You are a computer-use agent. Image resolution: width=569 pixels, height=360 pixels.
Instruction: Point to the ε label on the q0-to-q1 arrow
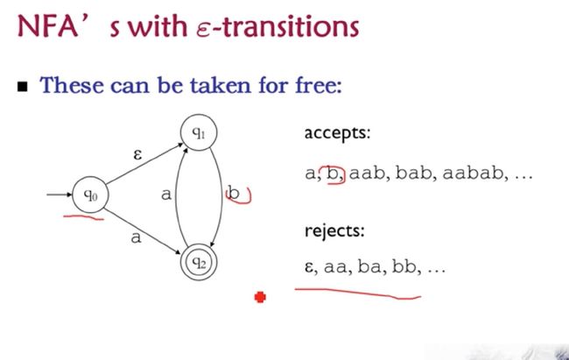(x=137, y=155)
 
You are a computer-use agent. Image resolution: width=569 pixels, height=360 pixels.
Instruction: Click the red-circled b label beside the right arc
(x=233, y=193)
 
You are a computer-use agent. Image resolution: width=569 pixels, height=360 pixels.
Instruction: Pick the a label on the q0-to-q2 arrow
(x=136, y=237)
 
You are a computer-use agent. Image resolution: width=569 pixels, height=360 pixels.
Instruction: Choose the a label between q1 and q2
(x=165, y=194)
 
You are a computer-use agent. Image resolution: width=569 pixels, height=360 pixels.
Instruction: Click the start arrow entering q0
(x=60, y=194)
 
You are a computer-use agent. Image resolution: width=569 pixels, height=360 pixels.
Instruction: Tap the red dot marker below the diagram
(x=260, y=297)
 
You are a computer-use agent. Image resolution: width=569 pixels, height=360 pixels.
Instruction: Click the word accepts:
(x=337, y=133)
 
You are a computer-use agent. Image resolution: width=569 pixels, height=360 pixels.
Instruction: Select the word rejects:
(x=334, y=230)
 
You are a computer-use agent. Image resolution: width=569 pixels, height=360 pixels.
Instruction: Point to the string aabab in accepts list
(x=474, y=173)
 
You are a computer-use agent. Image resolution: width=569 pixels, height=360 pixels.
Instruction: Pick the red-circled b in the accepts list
(x=333, y=173)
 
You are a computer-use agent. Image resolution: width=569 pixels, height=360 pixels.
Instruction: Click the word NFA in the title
(x=47, y=26)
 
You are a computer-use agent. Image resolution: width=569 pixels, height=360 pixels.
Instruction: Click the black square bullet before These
(x=23, y=87)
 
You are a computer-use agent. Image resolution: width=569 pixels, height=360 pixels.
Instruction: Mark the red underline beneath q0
(x=83, y=217)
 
